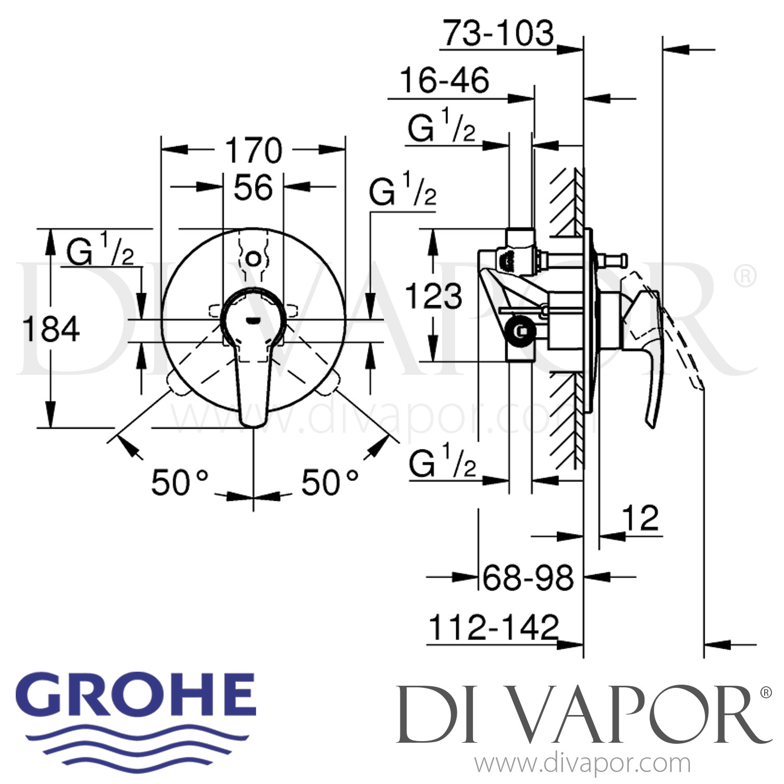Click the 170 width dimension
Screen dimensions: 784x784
(x=253, y=151)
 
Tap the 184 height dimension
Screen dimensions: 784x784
(x=51, y=329)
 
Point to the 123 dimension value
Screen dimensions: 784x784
(x=434, y=296)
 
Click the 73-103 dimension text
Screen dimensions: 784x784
(x=498, y=33)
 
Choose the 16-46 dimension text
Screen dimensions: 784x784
(x=444, y=80)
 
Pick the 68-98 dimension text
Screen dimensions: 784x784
(x=528, y=578)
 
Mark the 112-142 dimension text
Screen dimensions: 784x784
(x=493, y=627)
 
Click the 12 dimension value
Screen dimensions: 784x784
(x=640, y=518)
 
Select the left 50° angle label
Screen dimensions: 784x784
(x=180, y=482)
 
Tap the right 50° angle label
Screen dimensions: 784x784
(x=330, y=482)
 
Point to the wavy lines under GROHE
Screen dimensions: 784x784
(x=139, y=742)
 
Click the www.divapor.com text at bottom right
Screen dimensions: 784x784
(x=582, y=764)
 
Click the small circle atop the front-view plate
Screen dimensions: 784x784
(x=253, y=258)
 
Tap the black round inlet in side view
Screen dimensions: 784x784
(x=521, y=331)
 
